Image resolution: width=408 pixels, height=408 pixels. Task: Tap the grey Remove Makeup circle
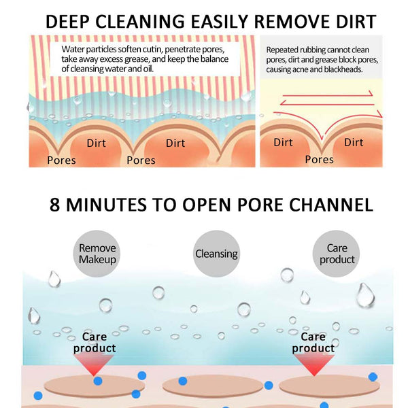[x=97, y=254]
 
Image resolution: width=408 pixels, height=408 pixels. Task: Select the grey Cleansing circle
[x=216, y=254]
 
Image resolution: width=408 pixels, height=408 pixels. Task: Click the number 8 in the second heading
[x=56, y=204]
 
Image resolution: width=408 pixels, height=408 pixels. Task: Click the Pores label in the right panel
[x=319, y=159]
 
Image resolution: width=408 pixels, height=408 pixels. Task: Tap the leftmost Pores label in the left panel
[x=61, y=160]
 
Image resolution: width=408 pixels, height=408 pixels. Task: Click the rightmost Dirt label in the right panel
[x=354, y=142]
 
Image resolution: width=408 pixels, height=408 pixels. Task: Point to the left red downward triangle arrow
[x=99, y=364]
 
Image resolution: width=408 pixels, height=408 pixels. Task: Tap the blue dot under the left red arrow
[x=99, y=381]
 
